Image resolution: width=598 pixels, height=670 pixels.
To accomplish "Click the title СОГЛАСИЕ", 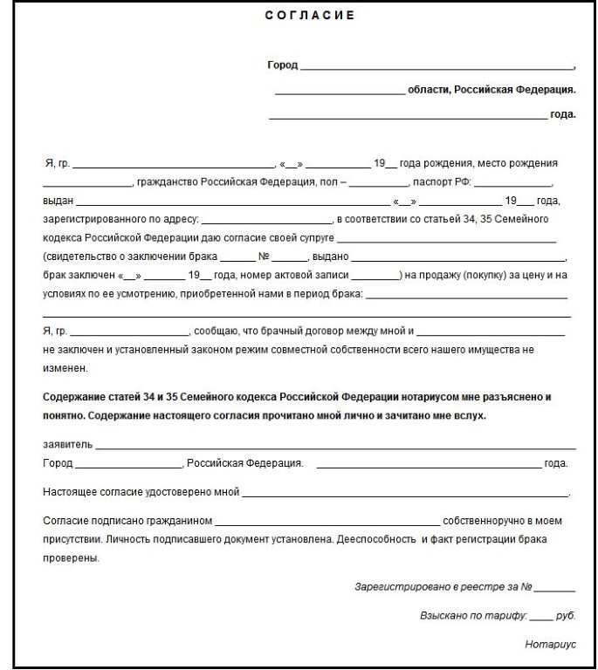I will pos(299,16).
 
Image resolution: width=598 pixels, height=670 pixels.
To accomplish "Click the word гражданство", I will pos(167,181).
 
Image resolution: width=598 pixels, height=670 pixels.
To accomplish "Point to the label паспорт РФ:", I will pos(441,181).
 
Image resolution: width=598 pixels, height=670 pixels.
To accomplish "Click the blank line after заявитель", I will pos(332,446).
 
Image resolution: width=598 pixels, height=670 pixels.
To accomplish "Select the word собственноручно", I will pos(485,521).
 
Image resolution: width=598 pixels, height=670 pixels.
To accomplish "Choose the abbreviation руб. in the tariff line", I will pos(565,615).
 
